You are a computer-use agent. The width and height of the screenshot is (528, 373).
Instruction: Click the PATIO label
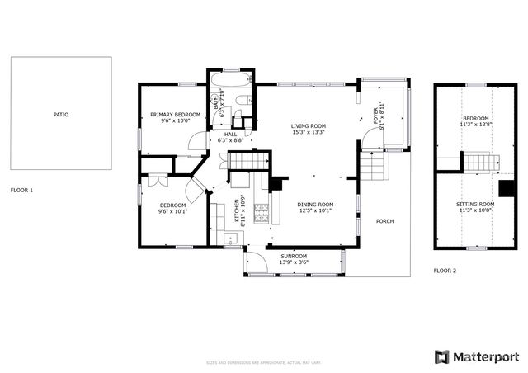tap(61, 114)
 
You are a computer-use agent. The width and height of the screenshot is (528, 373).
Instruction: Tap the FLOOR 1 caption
tap(22, 190)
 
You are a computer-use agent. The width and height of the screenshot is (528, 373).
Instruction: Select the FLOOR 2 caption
tap(445, 271)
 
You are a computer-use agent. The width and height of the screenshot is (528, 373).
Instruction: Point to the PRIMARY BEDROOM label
tap(176, 114)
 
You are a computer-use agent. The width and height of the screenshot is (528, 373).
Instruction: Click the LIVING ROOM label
tap(308, 125)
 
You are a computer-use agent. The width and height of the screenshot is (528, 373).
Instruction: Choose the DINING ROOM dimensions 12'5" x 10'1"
tap(315, 210)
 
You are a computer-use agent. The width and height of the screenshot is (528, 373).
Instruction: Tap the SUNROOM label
tap(293, 256)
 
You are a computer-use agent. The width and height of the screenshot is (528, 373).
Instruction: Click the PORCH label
tap(384, 221)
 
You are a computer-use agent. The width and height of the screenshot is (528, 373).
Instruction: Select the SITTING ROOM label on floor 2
tap(475, 203)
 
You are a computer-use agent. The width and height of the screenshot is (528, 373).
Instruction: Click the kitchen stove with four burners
tap(261, 215)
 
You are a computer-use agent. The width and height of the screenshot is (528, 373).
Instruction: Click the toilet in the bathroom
tap(241, 102)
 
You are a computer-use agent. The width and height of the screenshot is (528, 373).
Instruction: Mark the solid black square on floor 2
tap(507, 188)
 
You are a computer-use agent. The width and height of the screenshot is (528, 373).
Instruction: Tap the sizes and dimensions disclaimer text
tap(264, 363)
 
